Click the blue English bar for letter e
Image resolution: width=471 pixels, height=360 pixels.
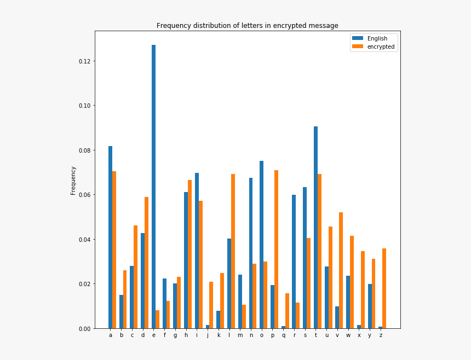click(153, 186)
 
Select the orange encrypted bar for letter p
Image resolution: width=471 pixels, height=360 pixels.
click(277, 249)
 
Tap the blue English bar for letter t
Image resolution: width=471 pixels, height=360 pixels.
click(315, 227)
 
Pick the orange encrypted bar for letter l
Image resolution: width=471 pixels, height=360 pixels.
click(233, 251)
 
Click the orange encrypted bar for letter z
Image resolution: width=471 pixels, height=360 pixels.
click(384, 288)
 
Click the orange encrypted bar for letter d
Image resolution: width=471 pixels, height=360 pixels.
click(147, 263)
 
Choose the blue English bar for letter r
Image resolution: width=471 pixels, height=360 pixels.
click(294, 262)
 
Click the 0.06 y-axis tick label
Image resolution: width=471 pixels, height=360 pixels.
click(85, 195)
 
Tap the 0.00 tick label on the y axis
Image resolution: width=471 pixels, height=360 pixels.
click(85, 329)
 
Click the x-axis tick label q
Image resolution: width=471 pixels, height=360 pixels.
click(284, 335)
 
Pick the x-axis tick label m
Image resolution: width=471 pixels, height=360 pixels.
click(240, 335)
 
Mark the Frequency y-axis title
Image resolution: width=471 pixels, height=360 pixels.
click(73, 181)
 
